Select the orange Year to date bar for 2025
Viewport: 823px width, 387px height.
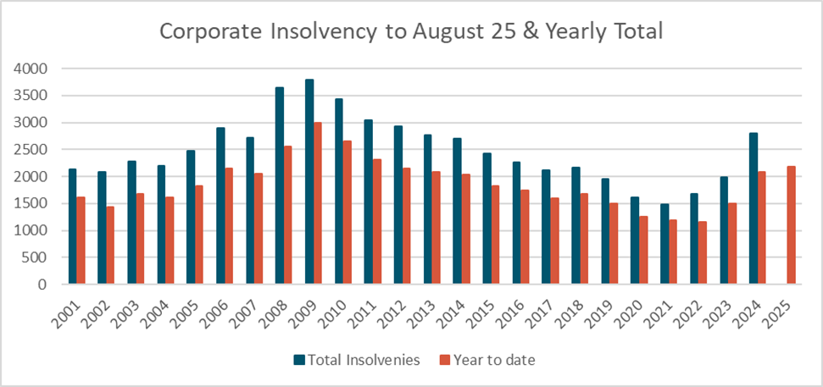(792, 225)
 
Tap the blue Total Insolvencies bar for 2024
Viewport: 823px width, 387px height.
(753, 208)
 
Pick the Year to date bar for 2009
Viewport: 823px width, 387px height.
(318, 203)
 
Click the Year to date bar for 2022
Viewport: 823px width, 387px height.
(703, 253)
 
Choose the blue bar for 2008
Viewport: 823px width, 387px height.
(280, 186)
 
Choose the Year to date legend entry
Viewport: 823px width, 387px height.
(492, 360)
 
